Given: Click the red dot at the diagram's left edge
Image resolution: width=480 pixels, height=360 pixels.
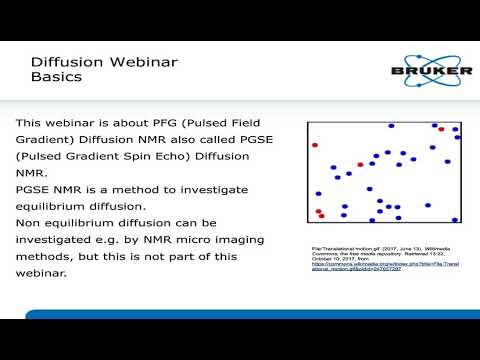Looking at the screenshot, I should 315,145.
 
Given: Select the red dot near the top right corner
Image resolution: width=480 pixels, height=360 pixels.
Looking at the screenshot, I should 441,130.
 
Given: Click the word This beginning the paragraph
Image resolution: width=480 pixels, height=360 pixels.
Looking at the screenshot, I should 32,123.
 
